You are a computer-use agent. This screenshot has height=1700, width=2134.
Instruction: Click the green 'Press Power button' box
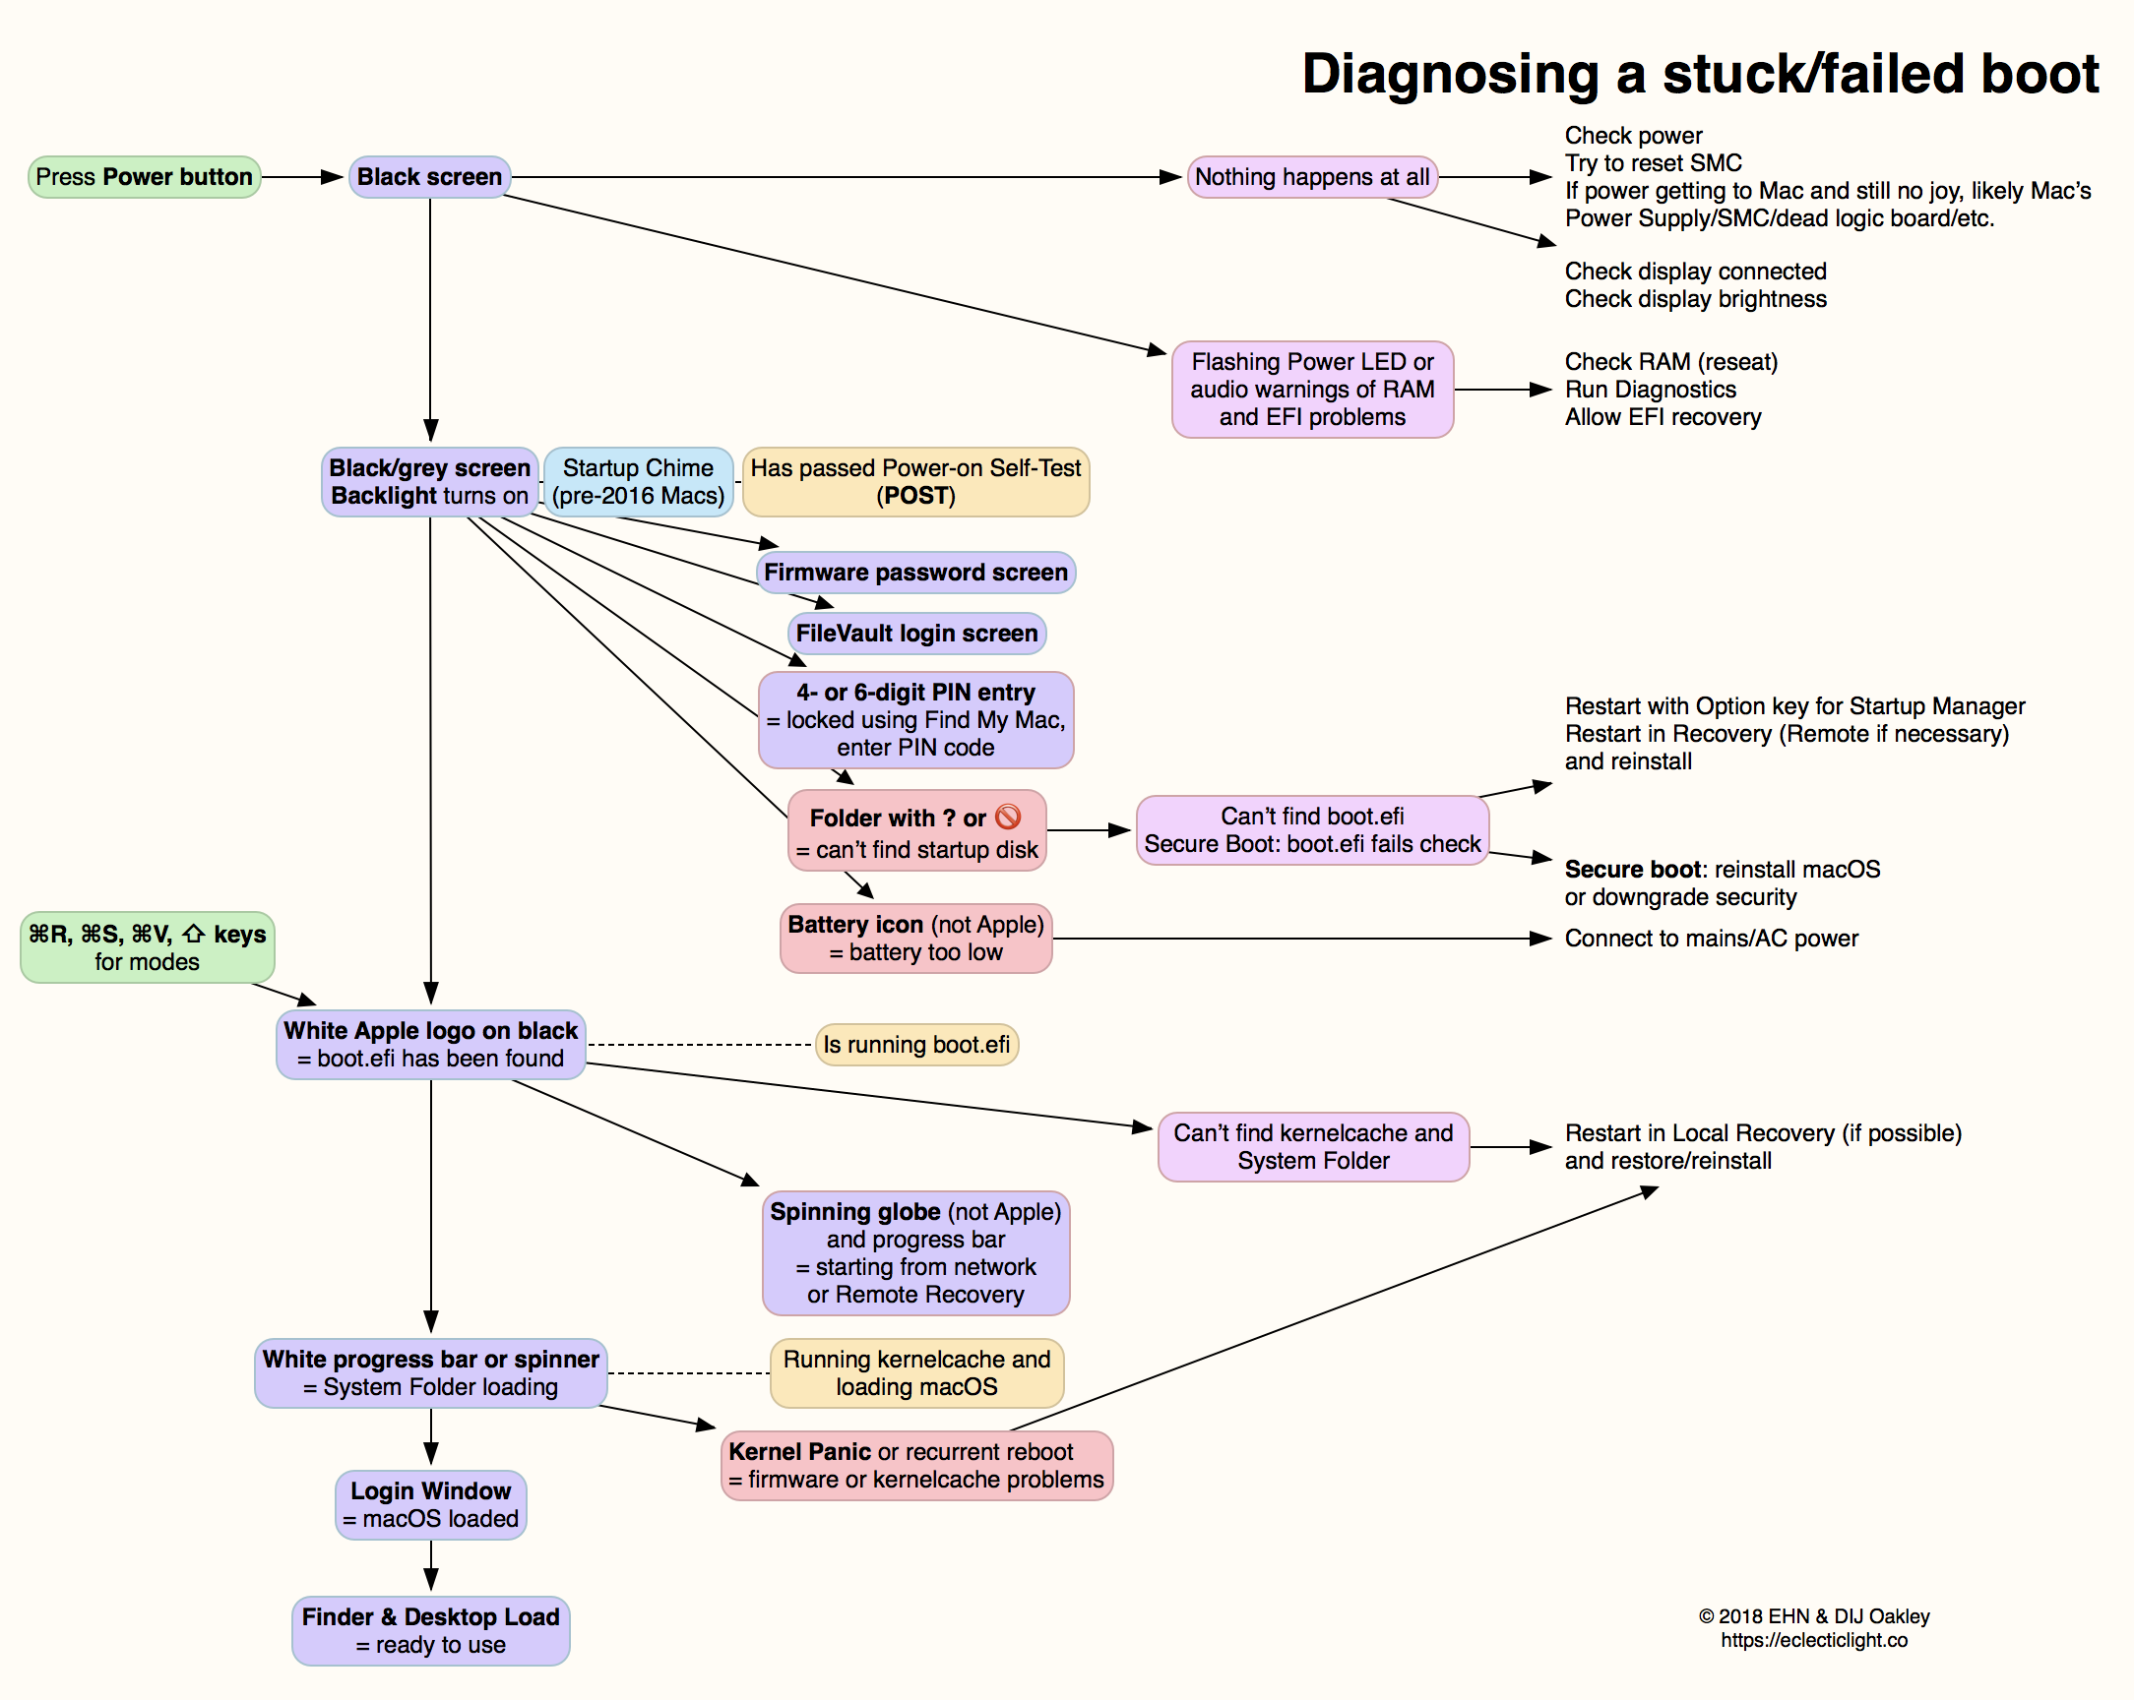(x=145, y=177)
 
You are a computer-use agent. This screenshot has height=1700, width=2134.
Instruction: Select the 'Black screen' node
(x=429, y=177)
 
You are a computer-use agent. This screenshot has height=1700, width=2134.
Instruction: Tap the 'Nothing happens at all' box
(x=1311, y=177)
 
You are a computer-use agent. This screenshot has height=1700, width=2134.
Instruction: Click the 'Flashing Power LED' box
(x=1311, y=389)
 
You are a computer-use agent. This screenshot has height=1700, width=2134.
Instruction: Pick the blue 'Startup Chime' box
(x=639, y=482)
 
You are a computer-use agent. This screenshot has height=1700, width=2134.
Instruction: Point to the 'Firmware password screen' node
(x=915, y=573)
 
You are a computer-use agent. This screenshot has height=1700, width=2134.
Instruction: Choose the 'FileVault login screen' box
(x=916, y=634)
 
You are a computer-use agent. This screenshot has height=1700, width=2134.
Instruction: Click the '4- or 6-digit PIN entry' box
(x=915, y=719)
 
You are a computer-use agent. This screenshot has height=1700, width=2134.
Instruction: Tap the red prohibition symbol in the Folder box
(x=1008, y=817)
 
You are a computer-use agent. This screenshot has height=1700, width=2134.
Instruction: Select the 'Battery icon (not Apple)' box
(x=915, y=939)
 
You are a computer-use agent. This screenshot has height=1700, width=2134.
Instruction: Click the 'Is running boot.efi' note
(x=916, y=1045)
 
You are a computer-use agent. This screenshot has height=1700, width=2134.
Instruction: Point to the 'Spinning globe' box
(x=915, y=1252)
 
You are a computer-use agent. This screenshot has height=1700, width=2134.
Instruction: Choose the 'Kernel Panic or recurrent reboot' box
(x=915, y=1466)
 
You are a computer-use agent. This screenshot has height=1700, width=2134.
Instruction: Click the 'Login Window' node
(x=430, y=1505)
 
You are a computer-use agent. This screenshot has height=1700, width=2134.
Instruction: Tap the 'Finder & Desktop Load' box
(x=430, y=1631)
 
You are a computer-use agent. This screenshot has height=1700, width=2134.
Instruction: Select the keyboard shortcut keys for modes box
(x=148, y=947)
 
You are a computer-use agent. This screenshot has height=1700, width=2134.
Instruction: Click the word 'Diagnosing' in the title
(x=1449, y=74)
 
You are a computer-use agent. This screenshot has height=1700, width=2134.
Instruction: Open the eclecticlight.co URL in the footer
(x=1813, y=1640)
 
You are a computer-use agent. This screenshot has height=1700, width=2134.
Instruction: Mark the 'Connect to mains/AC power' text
(x=1711, y=939)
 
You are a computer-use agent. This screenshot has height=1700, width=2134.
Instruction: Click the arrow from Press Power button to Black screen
(x=303, y=177)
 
